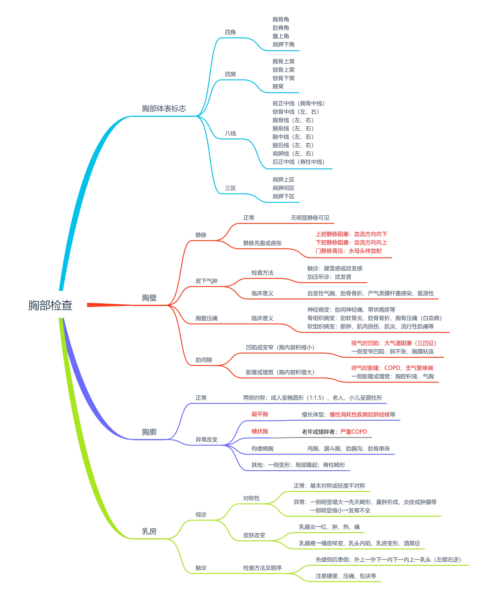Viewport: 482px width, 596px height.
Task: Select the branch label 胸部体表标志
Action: point(164,109)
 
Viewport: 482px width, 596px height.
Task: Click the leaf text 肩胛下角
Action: point(283,44)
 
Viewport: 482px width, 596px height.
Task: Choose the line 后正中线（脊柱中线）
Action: point(298,162)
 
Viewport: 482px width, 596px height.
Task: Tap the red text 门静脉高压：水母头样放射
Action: point(349,251)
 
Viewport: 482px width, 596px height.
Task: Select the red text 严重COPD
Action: point(353,432)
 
